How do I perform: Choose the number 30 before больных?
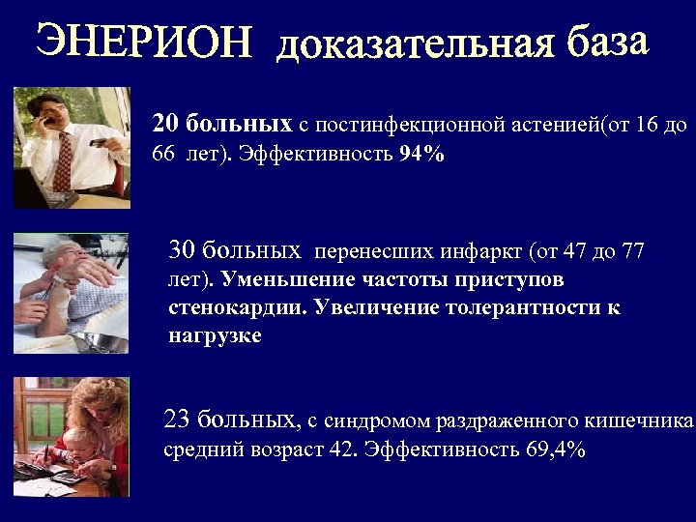[x=183, y=251]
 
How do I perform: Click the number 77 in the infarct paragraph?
[x=632, y=253]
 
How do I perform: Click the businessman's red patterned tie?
[x=62, y=160]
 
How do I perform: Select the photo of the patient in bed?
[x=71, y=293]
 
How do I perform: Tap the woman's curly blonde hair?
[x=97, y=396]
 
